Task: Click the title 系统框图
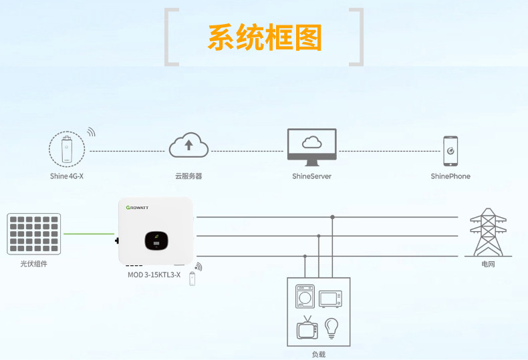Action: click(265, 37)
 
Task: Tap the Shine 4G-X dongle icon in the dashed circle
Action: click(67, 149)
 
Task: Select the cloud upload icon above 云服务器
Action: click(190, 144)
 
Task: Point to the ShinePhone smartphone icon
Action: click(450, 151)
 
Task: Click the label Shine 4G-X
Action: click(66, 176)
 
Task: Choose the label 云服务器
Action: click(188, 176)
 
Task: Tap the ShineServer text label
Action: click(311, 176)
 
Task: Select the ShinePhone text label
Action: click(450, 176)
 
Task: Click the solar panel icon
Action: click(34, 234)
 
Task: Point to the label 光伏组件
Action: click(34, 264)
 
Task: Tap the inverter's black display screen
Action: click(155, 240)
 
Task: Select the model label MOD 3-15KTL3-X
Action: click(154, 275)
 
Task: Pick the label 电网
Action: click(489, 264)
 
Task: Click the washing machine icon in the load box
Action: click(305, 296)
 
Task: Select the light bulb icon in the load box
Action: click(331, 327)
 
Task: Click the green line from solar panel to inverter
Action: click(89, 234)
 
